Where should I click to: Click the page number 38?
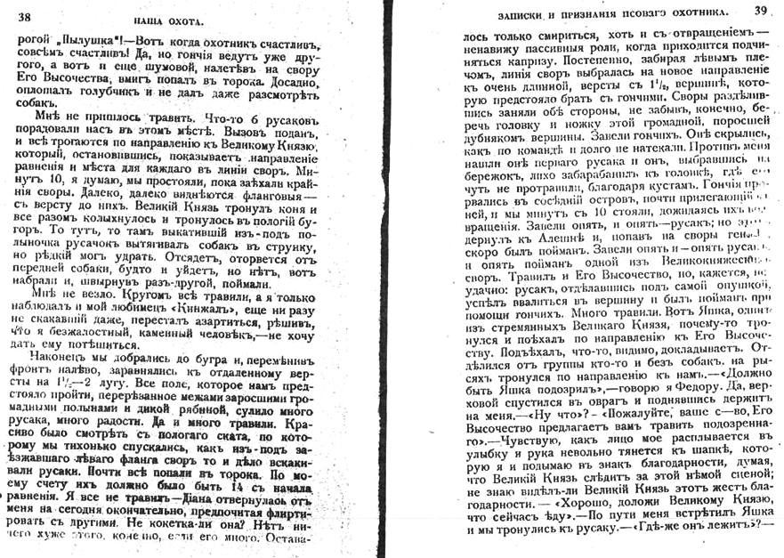click(x=24, y=15)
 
